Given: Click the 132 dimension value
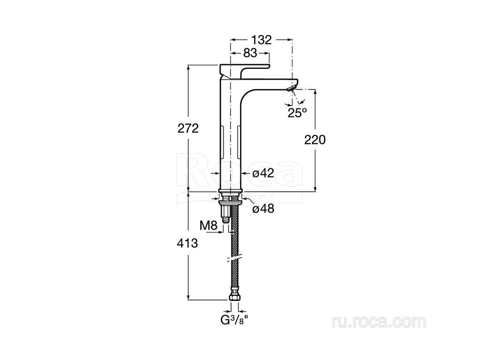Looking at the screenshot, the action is click(x=261, y=40).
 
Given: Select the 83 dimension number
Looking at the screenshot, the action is click(x=250, y=53).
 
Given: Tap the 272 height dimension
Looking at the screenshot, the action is click(x=188, y=128).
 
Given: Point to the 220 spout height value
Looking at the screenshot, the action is click(x=315, y=140).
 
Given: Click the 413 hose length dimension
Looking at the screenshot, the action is click(x=187, y=243).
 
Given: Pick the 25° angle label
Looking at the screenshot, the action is click(x=297, y=113).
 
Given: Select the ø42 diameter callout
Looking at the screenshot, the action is click(x=263, y=173).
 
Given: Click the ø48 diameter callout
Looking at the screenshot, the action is click(x=263, y=209).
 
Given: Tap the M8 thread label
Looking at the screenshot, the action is click(x=209, y=226).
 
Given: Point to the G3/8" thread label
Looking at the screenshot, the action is click(x=234, y=320).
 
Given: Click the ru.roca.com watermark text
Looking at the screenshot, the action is click(x=379, y=322).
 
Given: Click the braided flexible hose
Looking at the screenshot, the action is click(x=234, y=245).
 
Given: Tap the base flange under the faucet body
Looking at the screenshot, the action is click(x=231, y=192).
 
